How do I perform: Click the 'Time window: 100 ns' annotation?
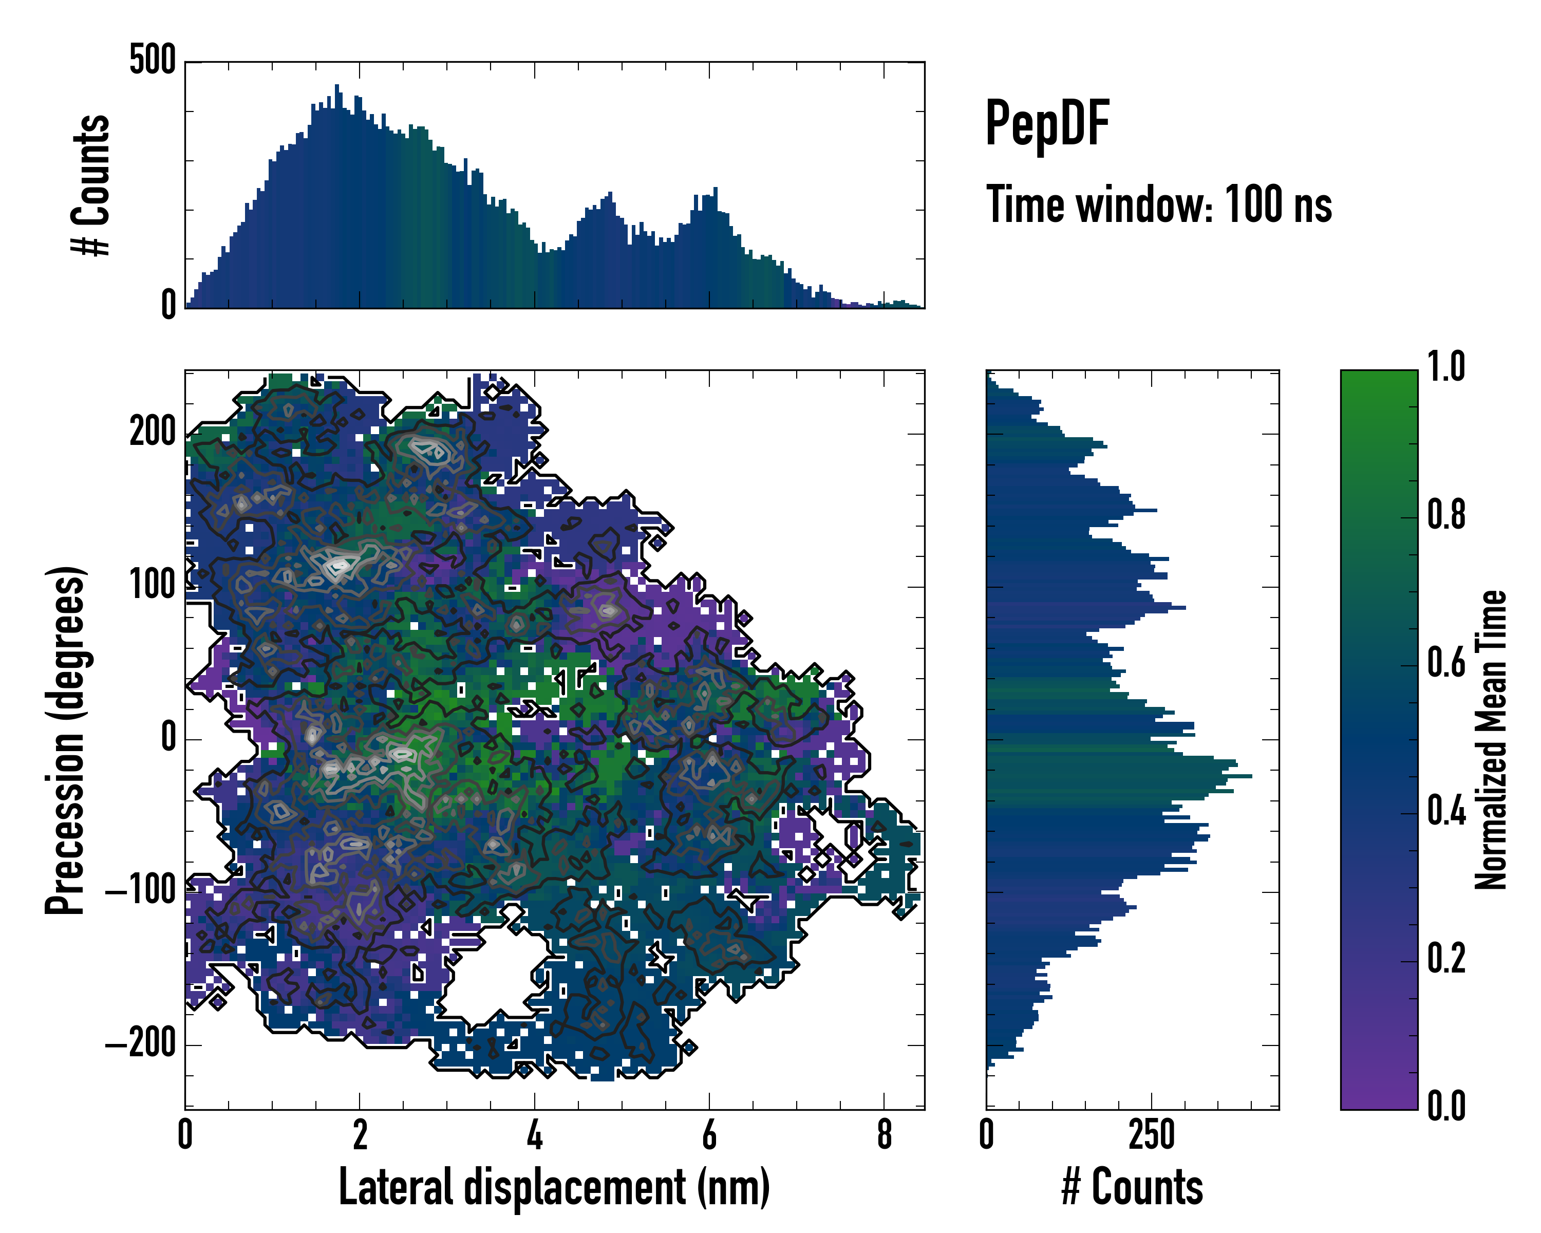pos(1159,205)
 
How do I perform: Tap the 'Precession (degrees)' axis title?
pos(66,740)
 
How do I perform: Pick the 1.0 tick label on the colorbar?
pos(1446,367)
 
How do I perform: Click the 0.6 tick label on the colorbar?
pos(1446,663)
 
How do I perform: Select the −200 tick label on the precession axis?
pos(141,1044)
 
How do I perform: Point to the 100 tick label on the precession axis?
pos(152,586)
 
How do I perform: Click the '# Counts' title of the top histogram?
pos(91,185)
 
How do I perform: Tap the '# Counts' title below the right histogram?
pos(1132,1187)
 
